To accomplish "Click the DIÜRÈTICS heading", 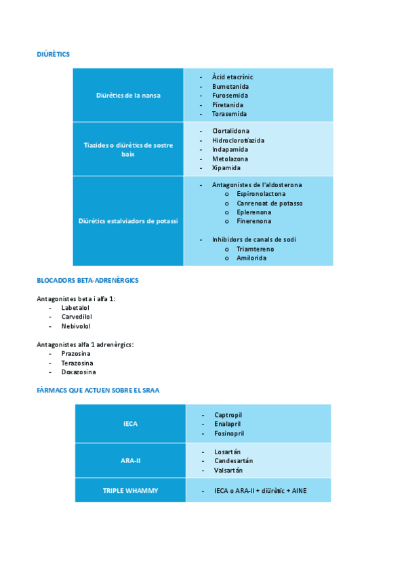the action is click(53, 54).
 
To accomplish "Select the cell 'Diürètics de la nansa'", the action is click(128, 96).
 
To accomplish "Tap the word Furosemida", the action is click(230, 96).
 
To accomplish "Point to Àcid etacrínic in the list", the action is click(232, 77).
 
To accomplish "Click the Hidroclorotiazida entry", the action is click(238, 140).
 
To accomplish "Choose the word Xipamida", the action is click(226, 167).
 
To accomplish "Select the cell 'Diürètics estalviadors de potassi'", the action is click(128, 221).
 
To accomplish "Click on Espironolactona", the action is click(260, 194).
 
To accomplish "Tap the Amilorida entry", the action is click(251, 258).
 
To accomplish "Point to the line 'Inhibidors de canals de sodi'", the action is click(253, 239).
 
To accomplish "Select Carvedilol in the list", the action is click(77, 317).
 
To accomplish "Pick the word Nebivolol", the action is click(76, 326).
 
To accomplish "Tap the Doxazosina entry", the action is click(79, 372).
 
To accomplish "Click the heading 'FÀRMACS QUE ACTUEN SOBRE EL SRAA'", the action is click(98, 390).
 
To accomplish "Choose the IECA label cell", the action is click(130, 424).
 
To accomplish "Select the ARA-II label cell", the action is click(130, 460).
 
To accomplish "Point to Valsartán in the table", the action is click(228, 470).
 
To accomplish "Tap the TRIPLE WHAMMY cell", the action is click(130, 490).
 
